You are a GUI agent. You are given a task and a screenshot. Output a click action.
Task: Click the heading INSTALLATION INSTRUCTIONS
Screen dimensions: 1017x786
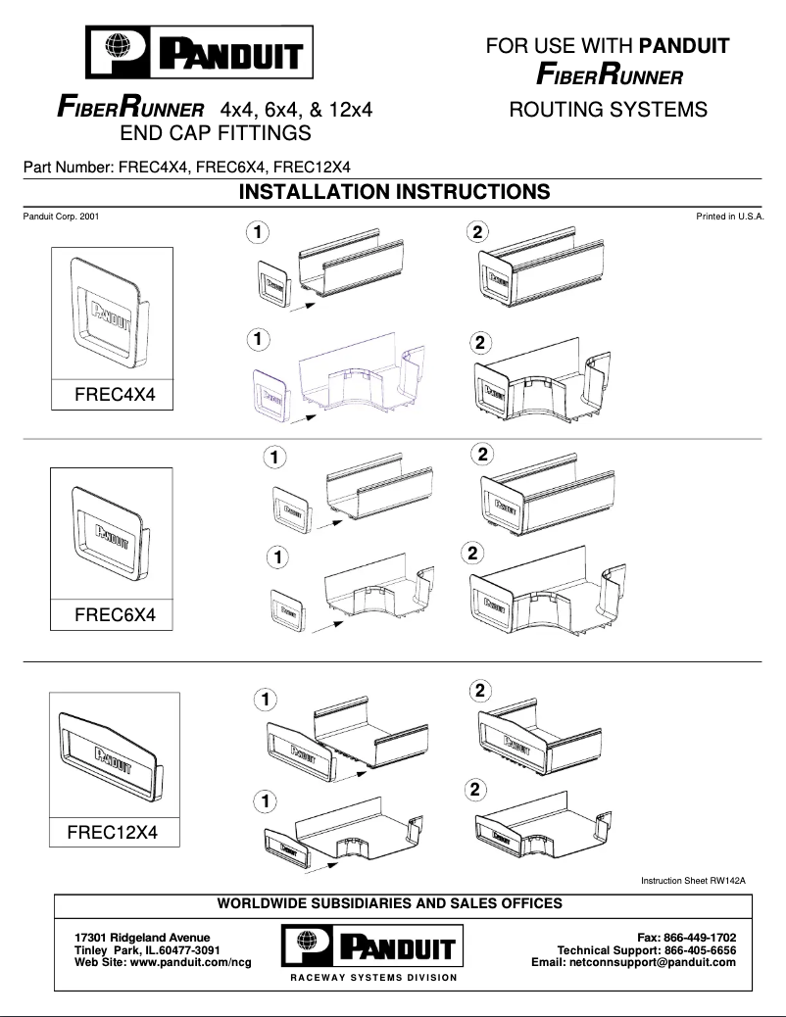(x=394, y=192)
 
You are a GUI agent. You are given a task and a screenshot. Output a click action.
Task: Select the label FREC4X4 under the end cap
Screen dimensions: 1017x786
(x=123, y=395)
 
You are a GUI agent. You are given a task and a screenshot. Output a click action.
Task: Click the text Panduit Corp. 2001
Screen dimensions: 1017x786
(x=60, y=216)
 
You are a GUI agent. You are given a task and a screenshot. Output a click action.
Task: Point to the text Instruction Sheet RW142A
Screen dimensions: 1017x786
(x=693, y=882)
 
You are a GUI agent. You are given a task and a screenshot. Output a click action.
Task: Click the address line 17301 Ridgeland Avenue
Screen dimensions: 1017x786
(x=142, y=938)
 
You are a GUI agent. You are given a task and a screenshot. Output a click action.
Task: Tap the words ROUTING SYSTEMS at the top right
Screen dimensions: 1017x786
(x=608, y=109)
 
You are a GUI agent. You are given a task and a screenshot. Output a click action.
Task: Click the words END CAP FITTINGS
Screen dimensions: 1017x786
(x=215, y=132)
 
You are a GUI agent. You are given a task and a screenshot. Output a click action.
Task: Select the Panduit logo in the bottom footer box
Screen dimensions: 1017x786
(x=372, y=946)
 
